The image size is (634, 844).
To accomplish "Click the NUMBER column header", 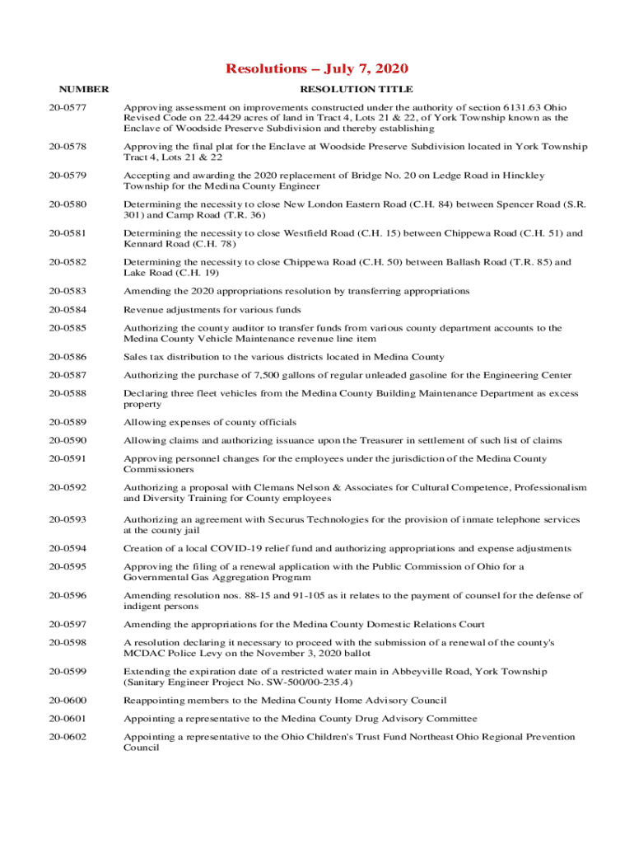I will click(x=83, y=89).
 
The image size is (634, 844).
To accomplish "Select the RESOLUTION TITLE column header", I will click(x=356, y=89).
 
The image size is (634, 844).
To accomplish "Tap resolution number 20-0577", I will click(x=66, y=107).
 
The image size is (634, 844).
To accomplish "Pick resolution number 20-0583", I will click(x=66, y=291).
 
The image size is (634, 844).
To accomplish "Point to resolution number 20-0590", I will click(x=66, y=441).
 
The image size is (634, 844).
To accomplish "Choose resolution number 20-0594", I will click(x=66, y=548).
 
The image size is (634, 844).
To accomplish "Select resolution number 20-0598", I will click(x=66, y=642).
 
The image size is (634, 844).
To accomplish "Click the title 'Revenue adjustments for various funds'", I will click(x=212, y=310).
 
